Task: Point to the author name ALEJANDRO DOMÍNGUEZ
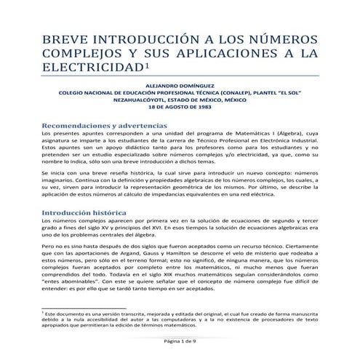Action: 180,84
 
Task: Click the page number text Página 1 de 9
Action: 180,341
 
